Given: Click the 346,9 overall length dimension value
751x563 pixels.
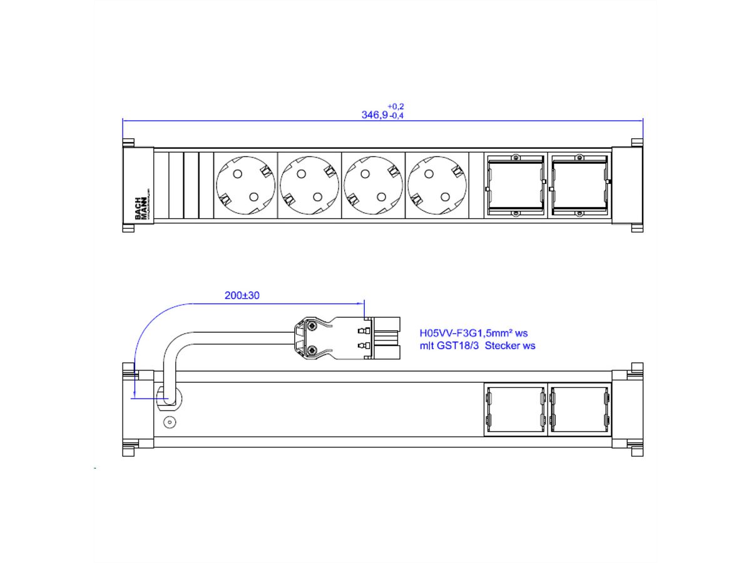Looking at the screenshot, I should tap(374, 115).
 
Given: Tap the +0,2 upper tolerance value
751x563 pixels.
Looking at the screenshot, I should tap(396, 106).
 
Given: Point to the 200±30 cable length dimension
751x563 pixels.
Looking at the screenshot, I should tap(242, 295).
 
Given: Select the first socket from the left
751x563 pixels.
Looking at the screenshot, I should tap(245, 186).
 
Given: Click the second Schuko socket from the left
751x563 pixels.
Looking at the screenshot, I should tap(310, 186).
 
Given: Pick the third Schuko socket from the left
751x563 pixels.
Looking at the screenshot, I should tap(374, 186).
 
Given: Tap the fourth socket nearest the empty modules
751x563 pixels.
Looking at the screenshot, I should tap(437, 186).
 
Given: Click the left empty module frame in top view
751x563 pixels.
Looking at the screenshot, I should tap(516, 186).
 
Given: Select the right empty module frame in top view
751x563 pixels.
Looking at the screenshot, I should tap(580, 186).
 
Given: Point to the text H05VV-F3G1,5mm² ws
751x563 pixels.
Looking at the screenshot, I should tap(478, 333).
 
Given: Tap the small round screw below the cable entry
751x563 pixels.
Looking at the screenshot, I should tap(168, 422).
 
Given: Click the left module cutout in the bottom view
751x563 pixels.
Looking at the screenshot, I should tap(515, 409).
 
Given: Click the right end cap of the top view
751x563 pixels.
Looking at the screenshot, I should tap(628, 186).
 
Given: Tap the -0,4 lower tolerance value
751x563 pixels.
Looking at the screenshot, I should tap(396, 116).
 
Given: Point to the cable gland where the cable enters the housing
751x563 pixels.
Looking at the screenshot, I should tap(170, 397).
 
